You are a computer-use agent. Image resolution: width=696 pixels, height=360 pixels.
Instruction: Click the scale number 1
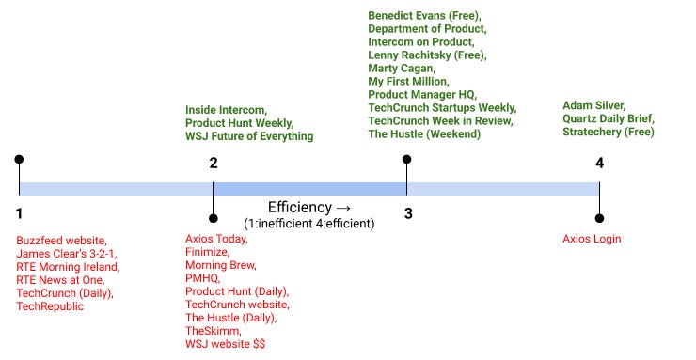coord(19,213)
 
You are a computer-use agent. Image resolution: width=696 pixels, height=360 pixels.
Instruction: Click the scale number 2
coord(214,163)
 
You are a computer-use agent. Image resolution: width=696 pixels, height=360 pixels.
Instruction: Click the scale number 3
coord(408,213)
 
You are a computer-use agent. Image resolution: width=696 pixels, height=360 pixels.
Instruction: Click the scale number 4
coord(599,163)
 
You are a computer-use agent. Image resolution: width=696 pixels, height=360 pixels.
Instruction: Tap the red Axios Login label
coord(592,239)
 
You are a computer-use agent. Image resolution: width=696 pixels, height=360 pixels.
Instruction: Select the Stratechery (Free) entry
coord(608,133)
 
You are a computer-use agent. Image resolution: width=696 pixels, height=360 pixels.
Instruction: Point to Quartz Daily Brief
coord(608,118)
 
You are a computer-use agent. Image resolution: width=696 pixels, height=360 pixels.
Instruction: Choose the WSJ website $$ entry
coord(226,345)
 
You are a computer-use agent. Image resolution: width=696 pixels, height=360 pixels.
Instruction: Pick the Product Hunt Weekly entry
coord(239,123)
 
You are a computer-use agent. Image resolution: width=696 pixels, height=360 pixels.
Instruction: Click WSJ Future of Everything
coord(249,137)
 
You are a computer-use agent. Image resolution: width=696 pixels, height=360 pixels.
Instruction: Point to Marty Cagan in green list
coord(401,69)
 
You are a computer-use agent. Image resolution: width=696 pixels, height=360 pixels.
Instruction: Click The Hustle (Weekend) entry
coord(424,134)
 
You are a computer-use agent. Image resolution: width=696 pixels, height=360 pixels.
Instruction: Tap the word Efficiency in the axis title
coord(300,207)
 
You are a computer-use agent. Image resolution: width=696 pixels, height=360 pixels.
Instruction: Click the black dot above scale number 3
coord(407,160)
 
